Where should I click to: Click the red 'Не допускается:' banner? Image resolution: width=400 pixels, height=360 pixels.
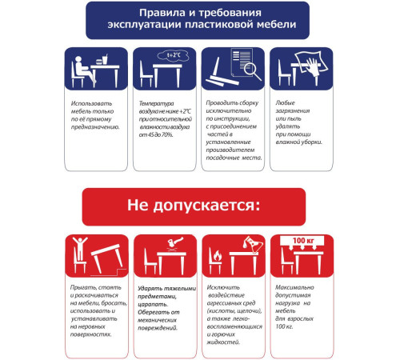tap(194, 206)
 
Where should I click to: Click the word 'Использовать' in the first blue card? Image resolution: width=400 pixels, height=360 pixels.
tap(87, 104)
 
